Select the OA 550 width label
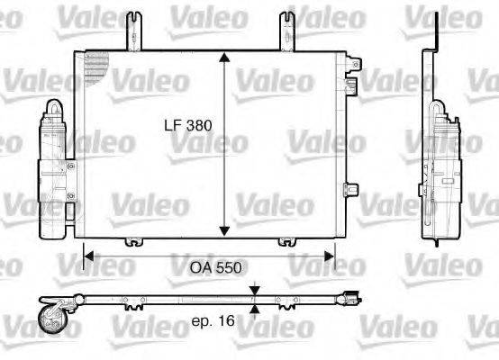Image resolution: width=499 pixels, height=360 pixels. coord(213,267)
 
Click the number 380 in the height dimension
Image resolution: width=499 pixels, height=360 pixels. coord(199,127)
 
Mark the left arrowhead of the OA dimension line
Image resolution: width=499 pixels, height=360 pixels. coord(88,256)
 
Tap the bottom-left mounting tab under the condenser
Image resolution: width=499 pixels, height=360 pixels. coord(134,240)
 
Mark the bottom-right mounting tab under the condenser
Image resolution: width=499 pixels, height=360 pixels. coord(287,240)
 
